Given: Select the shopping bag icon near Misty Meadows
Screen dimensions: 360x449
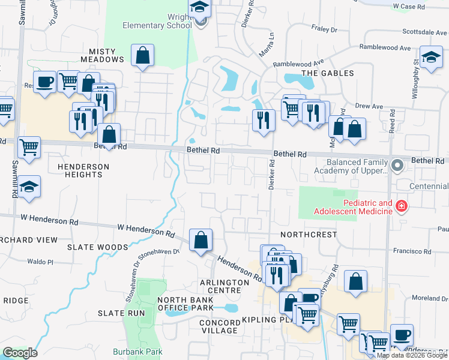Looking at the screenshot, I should (142, 56).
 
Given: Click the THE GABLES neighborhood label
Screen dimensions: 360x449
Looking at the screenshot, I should (327, 73).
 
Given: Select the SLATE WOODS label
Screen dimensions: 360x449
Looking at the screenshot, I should (98, 247).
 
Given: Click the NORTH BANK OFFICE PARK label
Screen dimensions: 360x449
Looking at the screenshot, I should (185, 304).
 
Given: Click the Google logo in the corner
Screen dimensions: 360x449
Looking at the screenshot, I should (20, 353).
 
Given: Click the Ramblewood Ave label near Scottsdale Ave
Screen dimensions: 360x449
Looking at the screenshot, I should (384, 47).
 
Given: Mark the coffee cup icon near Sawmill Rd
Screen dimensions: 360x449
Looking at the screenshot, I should (44, 81).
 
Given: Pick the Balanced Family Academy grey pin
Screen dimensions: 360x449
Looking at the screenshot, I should (397, 164).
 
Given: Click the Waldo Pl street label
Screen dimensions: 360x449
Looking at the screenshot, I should (41, 262).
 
